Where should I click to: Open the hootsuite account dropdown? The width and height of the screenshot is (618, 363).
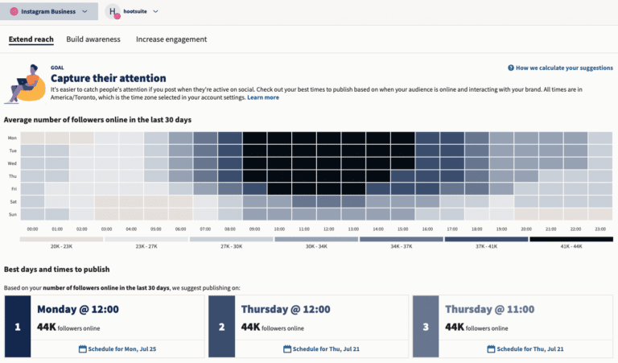point(134,11)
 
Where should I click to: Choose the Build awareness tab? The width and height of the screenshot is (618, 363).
point(93,39)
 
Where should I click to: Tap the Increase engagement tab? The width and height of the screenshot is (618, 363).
point(171,39)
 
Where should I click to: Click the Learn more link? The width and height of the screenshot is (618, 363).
point(263,97)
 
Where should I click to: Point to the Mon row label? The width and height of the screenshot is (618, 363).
point(11,138)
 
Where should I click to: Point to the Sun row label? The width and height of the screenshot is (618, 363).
point(11,215)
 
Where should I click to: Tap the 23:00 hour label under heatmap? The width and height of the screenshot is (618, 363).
point(600,228)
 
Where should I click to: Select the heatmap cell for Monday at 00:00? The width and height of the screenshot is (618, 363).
point(32,138)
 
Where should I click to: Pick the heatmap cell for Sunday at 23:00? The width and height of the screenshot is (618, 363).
point(600,215)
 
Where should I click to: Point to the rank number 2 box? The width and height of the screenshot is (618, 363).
point(221,327)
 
